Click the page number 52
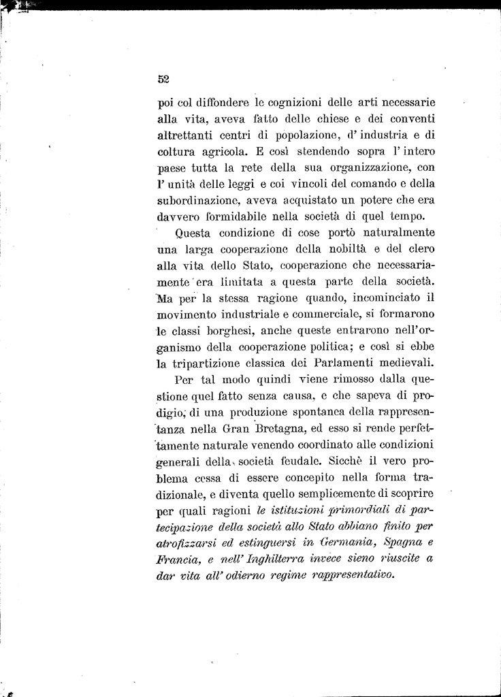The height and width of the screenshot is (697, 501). (x=163, y=79)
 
